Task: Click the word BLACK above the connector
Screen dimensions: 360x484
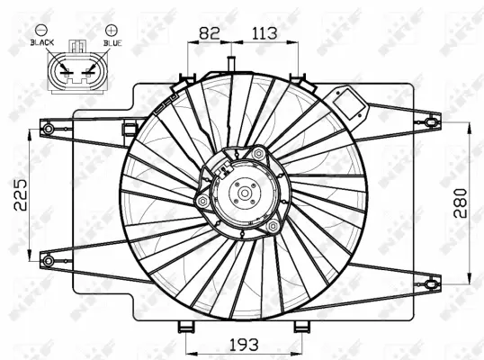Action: pos(41,42)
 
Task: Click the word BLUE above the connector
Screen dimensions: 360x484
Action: pos(111,42)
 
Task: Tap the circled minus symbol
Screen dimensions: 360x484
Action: pos(41,30)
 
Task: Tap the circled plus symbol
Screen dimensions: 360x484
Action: pos(111,30)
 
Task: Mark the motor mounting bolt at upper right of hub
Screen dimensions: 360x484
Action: pos(259,154)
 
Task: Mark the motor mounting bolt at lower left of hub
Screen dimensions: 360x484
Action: pos(202,201)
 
